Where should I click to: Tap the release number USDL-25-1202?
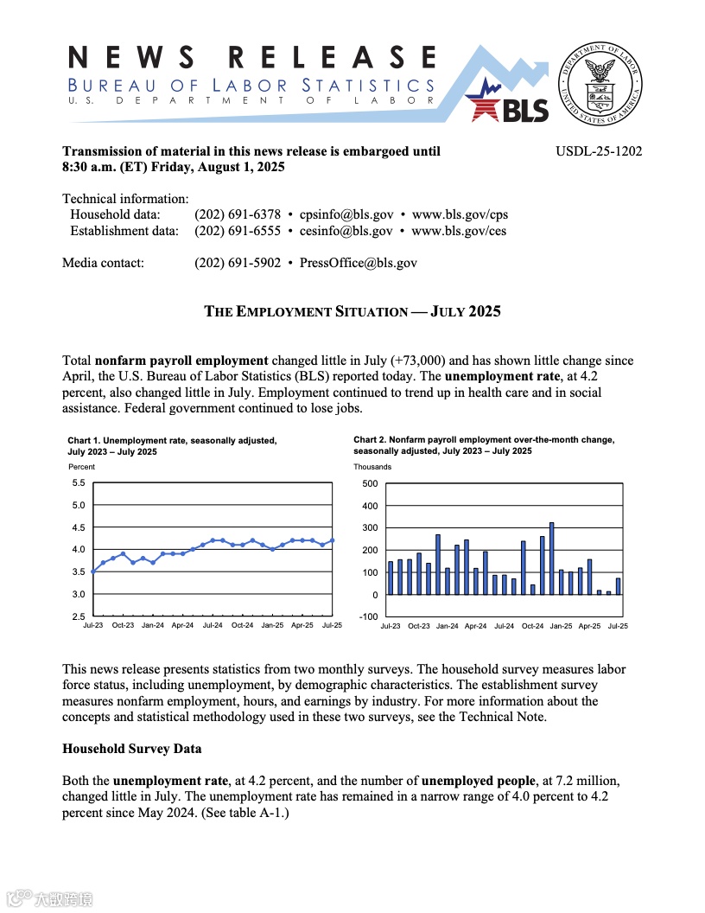tap(599, 151)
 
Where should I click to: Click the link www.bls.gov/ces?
tap(459, 231)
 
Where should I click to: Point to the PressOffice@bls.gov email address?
tap(358, 263)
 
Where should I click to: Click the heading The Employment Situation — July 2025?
tap(352, 311)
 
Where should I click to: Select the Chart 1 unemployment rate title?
tap(173, 446)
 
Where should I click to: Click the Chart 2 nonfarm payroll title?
tap(484, 445)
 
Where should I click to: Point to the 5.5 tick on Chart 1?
tap(78, 483)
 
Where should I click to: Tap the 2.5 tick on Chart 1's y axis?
tap(78, 616)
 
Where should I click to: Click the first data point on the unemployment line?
tap(93, 571)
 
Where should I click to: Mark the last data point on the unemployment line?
tap(333, 540)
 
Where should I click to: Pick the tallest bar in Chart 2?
tap(551, 559)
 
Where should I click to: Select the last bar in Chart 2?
tap(618, 586)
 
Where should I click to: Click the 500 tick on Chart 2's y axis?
tap(370, 483)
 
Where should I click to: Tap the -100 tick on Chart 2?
tap(369, 616)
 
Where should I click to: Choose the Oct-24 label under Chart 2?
tap(532, 625)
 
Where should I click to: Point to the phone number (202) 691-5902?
tap(238, 263)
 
